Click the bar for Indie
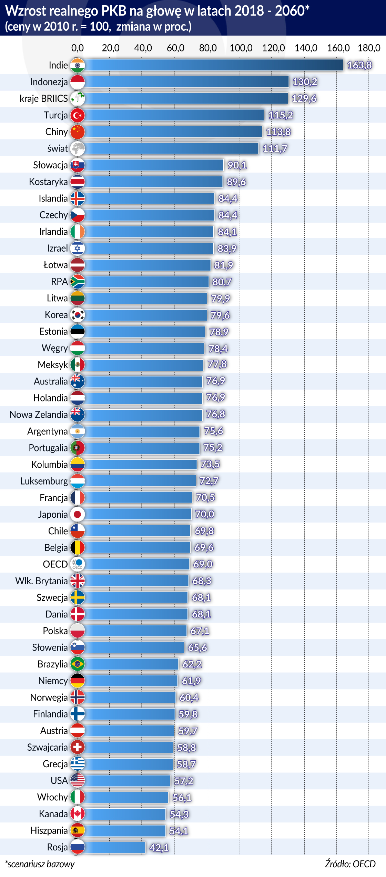[214, 65]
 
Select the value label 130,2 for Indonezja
[305, 82]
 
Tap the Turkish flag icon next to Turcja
[78, 115]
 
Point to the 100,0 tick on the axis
[241, 48]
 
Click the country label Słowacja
[50, 165]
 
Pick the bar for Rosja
[115, 847]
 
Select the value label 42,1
[159, 848]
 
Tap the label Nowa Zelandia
[39, 415]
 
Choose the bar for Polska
[135, 631]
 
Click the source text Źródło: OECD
[350, 864]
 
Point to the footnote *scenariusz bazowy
[40, 864]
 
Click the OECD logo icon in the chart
[78, 564]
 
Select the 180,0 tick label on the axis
[369, 48]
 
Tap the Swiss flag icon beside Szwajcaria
[78, 747]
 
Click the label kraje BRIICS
[44, 99]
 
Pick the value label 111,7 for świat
[275, 149]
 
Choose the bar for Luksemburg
[140, 481]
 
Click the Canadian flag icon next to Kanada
[78, 814]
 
